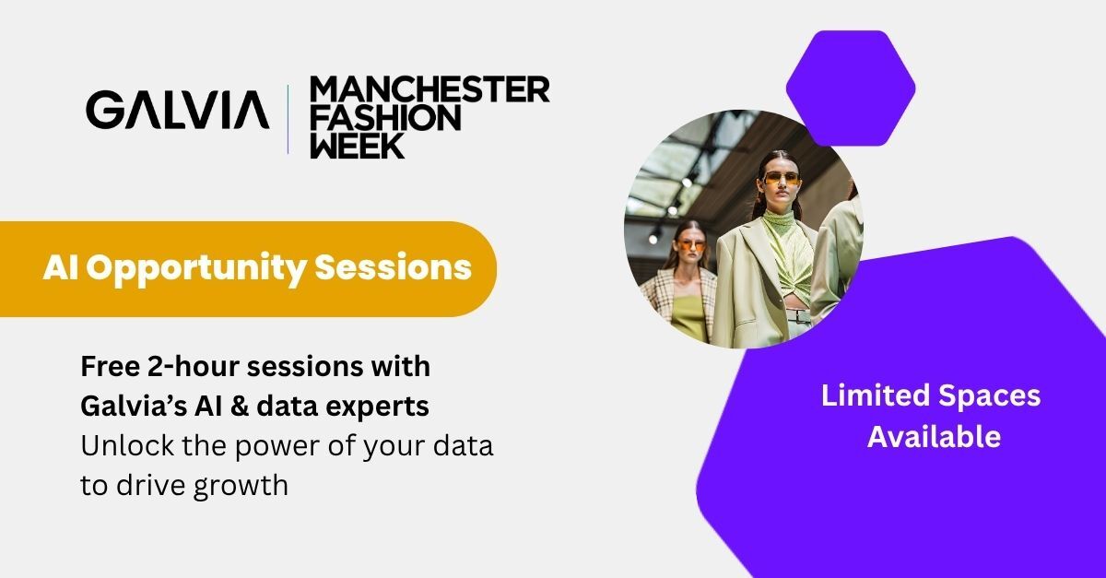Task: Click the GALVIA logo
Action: [178, 110]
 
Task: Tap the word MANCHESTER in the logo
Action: [429, 88]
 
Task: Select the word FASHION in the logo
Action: [385, 118]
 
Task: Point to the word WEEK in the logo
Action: [358, 146]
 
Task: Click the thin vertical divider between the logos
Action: [288, 119]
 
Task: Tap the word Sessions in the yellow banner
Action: [393, 266]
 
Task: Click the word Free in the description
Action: [110, 367]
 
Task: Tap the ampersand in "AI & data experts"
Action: [240, 407]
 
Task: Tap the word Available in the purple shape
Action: [934, 437]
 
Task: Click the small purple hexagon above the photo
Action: [851, 88]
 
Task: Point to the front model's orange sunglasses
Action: [782, 179]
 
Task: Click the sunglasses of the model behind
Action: [692, 245]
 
